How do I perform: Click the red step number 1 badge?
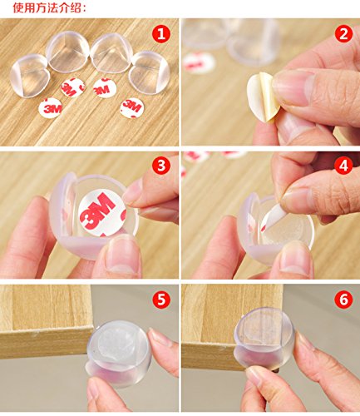coord(160,34)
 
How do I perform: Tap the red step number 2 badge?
coord(343,34)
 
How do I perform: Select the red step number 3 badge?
coord(160,166)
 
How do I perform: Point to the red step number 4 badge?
coord(343,166)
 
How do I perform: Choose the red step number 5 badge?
coord(161,300)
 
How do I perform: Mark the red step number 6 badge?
coord(343,300)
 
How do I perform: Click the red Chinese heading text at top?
coord(49,7)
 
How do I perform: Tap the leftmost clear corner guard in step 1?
coord(29,76)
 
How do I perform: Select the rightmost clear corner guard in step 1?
coord(150,72)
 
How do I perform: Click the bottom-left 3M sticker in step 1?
coord(50,108)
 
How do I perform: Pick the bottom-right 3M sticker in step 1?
coord(132,108)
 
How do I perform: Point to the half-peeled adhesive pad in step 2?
coord(261,97)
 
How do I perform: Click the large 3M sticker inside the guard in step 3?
coord(102,213)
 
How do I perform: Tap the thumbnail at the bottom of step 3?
coord(124,254)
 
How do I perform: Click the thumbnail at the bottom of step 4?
coord(295,258)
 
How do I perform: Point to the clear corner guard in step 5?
coord(120,353)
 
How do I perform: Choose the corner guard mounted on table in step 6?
coord(264,338)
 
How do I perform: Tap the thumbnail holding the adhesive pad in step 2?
coord(293,86)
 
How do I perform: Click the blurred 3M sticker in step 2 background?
coord(199,63)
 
